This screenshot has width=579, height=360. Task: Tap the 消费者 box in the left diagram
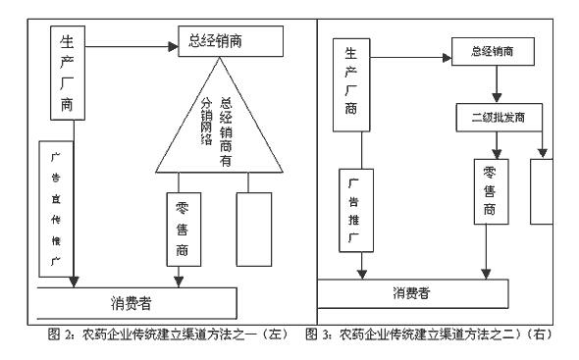(142, 300)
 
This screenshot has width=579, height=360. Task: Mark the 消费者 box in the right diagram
(413, 292)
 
